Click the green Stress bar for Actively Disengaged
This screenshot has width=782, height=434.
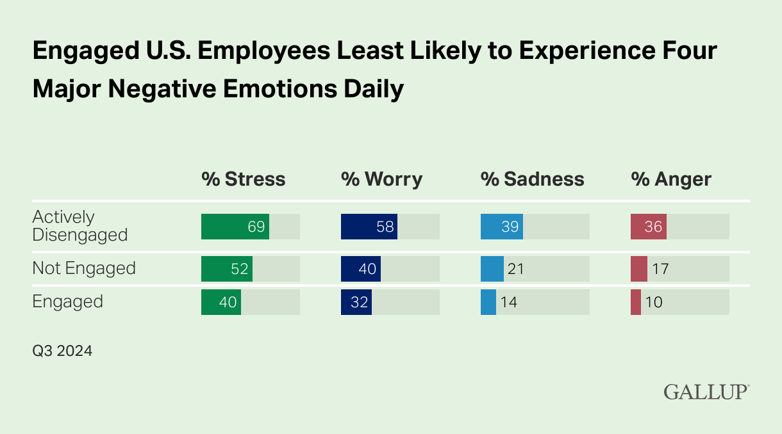235,227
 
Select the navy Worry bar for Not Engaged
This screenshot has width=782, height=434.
360,269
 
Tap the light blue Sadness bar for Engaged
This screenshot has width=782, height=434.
488,302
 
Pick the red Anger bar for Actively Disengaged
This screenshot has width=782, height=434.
648,227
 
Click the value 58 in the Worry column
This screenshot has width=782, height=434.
385,227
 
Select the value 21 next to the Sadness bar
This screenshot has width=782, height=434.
515,269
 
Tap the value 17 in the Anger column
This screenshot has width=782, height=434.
660,269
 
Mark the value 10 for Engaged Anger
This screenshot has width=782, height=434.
654,302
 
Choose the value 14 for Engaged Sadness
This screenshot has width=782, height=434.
508,302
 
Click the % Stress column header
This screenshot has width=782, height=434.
243,179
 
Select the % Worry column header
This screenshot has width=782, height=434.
381,179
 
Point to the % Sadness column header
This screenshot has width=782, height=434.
532,179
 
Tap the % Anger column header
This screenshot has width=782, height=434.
671,179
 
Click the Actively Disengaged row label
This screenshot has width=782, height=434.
80,226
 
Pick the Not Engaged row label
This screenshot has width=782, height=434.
84,268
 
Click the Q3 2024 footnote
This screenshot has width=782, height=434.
62,351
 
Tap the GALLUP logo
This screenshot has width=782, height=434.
706,392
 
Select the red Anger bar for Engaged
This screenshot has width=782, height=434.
635,302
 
